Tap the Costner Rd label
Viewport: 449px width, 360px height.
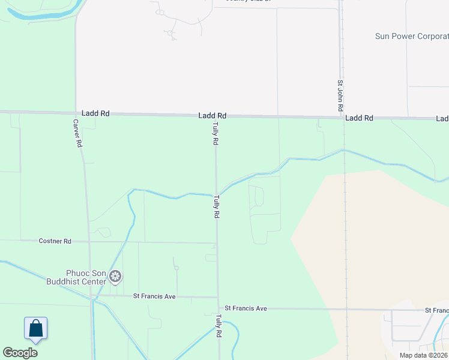[55, 241]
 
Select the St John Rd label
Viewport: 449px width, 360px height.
[340, 95]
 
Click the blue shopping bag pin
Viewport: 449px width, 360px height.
[35, 329]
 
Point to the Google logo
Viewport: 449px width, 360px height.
[20, 353]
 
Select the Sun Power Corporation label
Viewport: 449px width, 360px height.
[412, 36]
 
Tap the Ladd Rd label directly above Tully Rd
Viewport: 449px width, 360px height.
[212, 115]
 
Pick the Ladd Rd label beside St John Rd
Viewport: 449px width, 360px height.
[359, 118]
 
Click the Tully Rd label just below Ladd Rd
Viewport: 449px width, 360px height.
[214, 133]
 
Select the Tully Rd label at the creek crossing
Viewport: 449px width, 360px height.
[215, 206]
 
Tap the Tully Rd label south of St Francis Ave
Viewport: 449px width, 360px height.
[218, 326]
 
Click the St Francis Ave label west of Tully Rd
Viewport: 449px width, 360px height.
[154, 296]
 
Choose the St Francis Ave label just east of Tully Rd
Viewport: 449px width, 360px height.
[246, 308]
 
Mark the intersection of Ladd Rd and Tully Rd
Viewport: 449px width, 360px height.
[216, 116]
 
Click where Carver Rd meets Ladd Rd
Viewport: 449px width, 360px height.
[76, 112]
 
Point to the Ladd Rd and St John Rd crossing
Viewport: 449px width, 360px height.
[341, 118]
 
